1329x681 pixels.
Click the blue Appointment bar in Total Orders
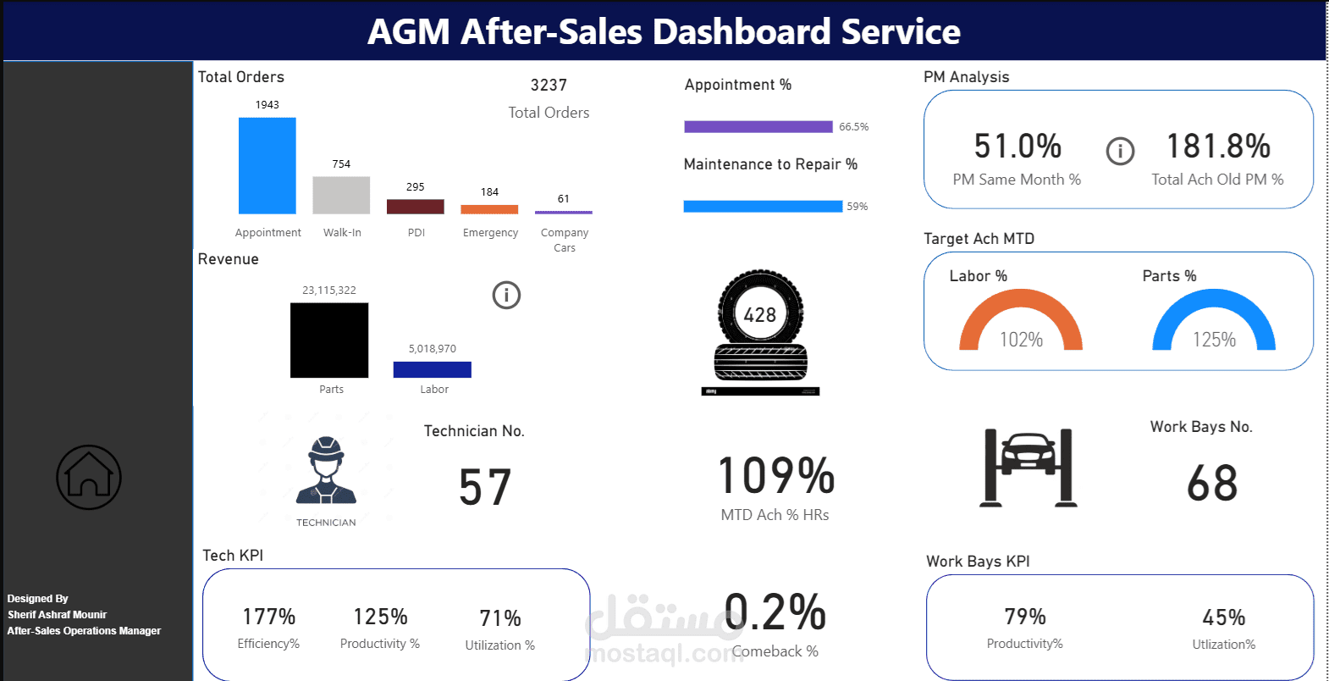click(x=267, y=165)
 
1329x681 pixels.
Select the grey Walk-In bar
click(x=341, y=195)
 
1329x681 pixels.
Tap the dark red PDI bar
click(x=415, y=207)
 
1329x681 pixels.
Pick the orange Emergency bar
click(x=489, y=209)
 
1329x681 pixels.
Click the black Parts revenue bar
click(x=329, y=340)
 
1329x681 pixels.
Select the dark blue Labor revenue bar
click(x=432, y=369)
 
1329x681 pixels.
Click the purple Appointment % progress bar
click(x=758, y=127)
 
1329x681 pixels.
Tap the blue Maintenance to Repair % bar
click(x=762, y=207)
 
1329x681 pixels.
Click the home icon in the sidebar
click(x=89, y=477)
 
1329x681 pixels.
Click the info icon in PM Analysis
click(x=1120, y=152)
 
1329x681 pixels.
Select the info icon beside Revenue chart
click(x=506, y=295)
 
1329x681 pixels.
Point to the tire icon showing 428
click(x=760, y=330)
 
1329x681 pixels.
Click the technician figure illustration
click(x=327, y=473)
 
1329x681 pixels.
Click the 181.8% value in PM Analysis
click(x=1218, y=147)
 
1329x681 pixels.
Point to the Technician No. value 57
click(x=485, y=488)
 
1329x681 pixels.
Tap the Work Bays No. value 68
click(x=1212, y=484)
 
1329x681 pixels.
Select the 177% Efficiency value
click(x=268, y=617)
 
